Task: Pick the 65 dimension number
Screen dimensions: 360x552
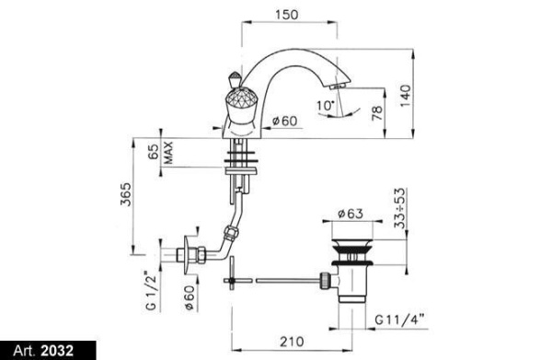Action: coord(152,153)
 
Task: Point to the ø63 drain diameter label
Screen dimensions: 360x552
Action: coord(351,215)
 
